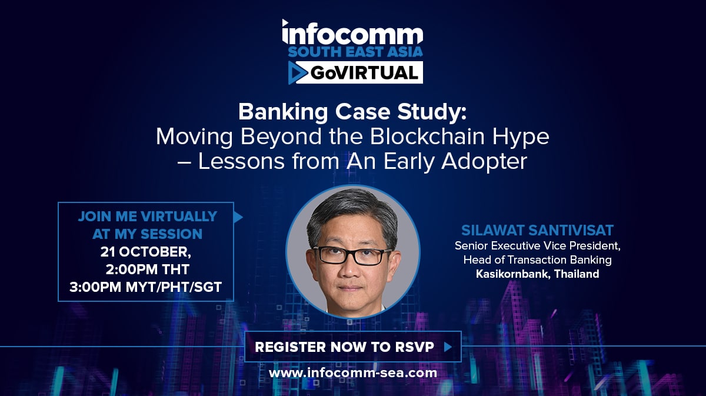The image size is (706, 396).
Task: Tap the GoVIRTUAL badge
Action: [355, 72]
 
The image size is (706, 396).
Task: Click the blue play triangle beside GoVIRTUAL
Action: [297, 73]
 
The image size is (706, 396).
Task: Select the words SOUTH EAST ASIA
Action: [355, 52]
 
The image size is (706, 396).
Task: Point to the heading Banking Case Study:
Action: [352, 112]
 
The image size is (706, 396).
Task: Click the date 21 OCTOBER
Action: [145, 252]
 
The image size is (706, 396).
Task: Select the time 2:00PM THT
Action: [147, 269]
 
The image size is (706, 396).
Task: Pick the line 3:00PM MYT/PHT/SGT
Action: [146, 287]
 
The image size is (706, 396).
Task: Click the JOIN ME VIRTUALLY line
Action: [148, 217]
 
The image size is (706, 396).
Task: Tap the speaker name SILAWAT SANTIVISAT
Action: [537, 231]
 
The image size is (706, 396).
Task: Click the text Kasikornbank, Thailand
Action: [537, 274]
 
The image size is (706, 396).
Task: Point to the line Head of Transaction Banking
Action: [537, 260]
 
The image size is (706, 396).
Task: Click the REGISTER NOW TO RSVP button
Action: [353, 347]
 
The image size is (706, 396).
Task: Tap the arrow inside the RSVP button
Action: [448, 347]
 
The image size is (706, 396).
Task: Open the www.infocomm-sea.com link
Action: [353, 373]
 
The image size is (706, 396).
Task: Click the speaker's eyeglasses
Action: [352, 255]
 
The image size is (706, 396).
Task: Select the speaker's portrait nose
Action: [350, 269]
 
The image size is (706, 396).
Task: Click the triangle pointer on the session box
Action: [238, 217]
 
